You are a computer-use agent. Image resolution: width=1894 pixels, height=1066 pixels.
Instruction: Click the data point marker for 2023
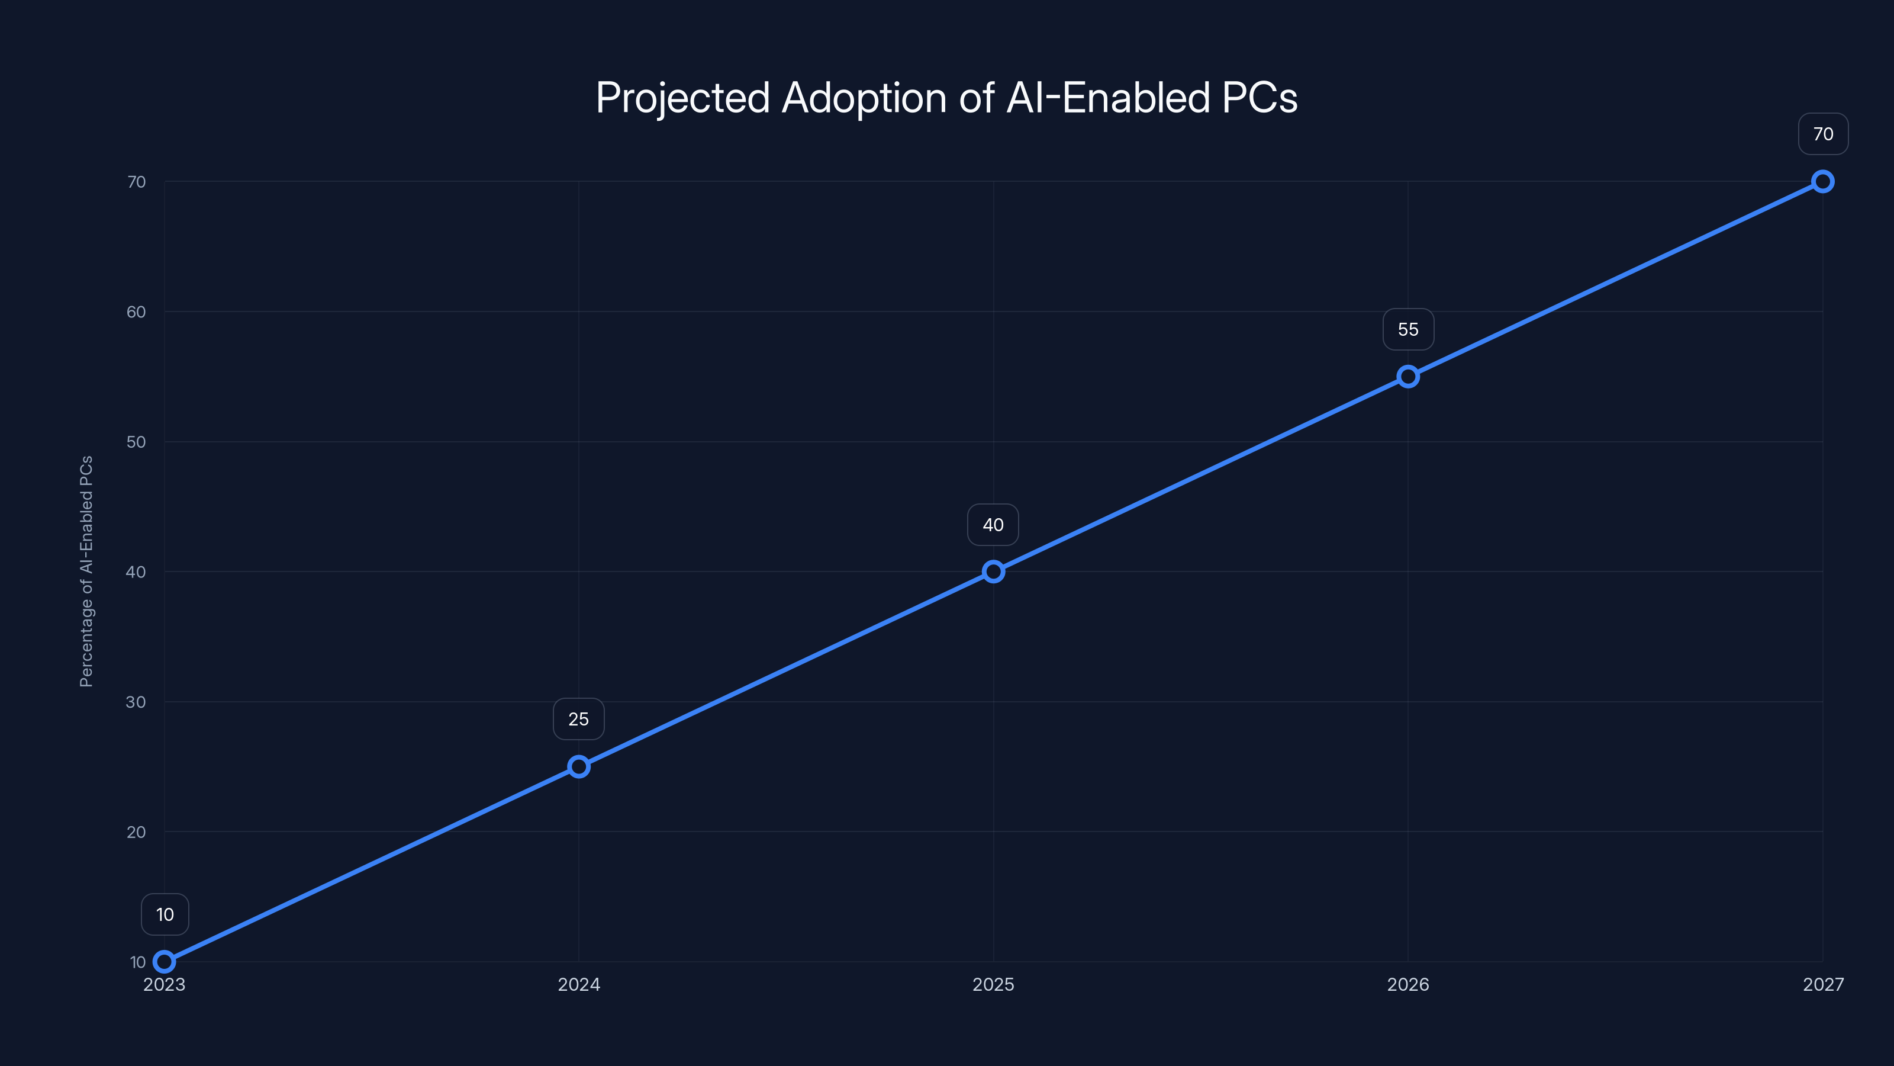pyautogui.click(x=164, y=962)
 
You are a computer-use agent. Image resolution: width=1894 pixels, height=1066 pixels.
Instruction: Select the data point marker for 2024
pyautogui.click(x=579, y=766)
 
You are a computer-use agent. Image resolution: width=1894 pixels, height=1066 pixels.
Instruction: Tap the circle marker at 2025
pyautogui.click(x=993, y=571)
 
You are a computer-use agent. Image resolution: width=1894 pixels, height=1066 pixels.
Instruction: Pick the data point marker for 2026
pyautogui.click(x=1408, y=377)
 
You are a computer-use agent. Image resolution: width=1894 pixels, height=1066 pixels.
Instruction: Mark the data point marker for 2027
pyautogui.click(x=1823, y=182)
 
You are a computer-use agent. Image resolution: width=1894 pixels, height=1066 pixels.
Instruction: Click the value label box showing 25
pyautogui.click(x=579, y=719)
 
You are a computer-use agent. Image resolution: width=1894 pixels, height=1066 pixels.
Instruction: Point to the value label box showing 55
pyautogui.click(x=1408, y=330)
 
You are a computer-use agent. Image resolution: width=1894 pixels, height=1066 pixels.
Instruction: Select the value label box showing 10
pyautogui.click(x=165, y=914)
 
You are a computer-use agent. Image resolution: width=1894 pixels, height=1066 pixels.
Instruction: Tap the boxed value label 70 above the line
pyautogui.click(x=1823, y=134)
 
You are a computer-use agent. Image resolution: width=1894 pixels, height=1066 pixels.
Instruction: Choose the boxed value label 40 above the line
pyautogui.click(x=993, y=525)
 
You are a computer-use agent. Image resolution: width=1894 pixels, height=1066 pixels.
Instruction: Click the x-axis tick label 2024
pyautogui.click(x=579, y=984)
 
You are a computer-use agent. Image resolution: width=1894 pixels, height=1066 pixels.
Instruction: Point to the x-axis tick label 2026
pyautogui.click(x=1408, y=984)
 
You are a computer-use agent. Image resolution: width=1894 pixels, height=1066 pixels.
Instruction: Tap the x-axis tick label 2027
pyautogui.click(x=1823, y=984)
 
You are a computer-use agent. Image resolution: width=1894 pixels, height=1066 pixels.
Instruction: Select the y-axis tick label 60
pyautogui.click(x=136, y=312)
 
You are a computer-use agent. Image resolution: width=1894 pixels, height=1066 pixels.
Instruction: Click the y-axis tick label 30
pyautogui.click(x=136, y=702)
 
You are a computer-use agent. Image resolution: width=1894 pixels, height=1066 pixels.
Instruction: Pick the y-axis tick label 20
pyautogui.click(x=136, y=832)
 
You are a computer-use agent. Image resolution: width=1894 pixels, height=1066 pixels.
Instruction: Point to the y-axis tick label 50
pyautogui.click(x=136, y=442)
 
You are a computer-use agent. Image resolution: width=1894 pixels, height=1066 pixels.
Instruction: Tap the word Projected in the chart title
pyautogui.click(x=682, y=98)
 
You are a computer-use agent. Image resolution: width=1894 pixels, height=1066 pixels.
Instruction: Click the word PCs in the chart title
pyautogui.click(x=1260, y=98)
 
